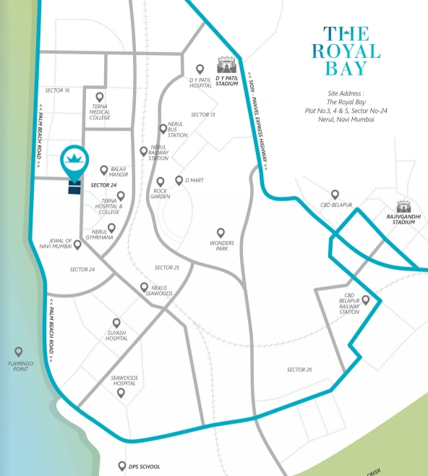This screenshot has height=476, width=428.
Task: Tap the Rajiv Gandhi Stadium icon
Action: [404, 208]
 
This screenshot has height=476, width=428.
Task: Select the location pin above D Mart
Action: [179, 180]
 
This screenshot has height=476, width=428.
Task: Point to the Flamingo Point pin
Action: [19, 352]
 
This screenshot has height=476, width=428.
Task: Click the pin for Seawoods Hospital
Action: [121, 393]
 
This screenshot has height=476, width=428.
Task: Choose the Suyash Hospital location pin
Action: [116, 323]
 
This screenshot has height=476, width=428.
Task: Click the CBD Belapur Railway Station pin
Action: [366, 299]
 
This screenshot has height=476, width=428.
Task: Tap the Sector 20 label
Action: [299, 370]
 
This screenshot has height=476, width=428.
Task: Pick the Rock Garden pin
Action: [160, 182]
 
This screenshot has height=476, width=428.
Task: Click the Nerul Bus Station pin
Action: [163, 129]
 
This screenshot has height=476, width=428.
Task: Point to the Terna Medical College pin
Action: [100, 96]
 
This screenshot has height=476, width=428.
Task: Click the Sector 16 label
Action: [56, 90]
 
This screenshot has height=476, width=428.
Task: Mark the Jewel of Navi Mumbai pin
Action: [77, 245]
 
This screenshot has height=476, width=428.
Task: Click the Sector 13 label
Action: [203, 115]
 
